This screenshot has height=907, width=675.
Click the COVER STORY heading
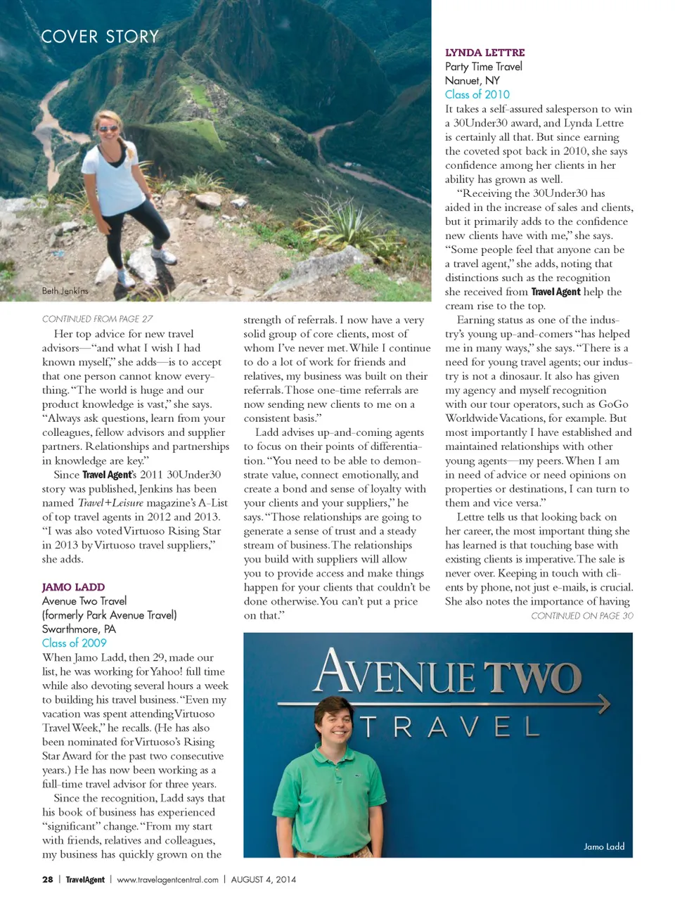point(100,37)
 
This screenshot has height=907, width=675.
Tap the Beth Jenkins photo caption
point(65,290)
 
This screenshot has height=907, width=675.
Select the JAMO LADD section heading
point(73,587)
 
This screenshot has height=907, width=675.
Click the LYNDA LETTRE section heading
point(484,53)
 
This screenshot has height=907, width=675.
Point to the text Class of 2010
point(477,94)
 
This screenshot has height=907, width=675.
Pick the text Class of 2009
point(74,643)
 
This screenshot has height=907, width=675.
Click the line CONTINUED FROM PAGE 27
point(97,319)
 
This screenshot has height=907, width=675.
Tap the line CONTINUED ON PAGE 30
point(581,615)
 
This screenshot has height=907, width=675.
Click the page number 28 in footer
point(48,879)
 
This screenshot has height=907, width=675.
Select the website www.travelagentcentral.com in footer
point(167,879)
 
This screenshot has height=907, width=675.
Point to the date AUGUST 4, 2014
point(263,879)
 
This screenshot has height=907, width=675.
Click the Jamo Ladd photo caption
point(603,847)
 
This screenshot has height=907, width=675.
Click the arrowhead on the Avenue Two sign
point(603,704)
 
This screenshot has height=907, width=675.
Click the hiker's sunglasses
point(108,128)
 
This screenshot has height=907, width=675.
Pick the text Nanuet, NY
point(472,80)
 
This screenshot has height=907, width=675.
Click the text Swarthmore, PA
point(79,629)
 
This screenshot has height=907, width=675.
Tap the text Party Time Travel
point(483,66)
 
